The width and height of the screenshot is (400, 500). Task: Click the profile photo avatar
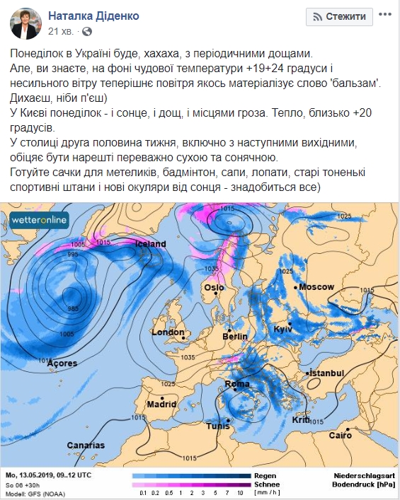[25, 23]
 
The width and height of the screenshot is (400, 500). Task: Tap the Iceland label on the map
[149, 244]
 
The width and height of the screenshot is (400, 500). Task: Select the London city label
[168, 332]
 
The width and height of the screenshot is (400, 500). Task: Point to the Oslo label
[214, 288]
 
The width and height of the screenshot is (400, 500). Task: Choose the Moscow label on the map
[316, 286]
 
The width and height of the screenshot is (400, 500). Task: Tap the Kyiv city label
[282, 330]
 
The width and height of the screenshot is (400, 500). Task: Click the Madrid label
[161, 405]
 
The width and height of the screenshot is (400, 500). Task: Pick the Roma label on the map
[237, 384]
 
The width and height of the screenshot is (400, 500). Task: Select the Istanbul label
[327, 373]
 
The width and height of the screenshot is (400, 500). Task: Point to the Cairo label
[340, 435]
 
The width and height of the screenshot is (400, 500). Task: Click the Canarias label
[86, 446]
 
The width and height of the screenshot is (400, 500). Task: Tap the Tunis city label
[218, 427]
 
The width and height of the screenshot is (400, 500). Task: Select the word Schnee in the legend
[267, 484]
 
